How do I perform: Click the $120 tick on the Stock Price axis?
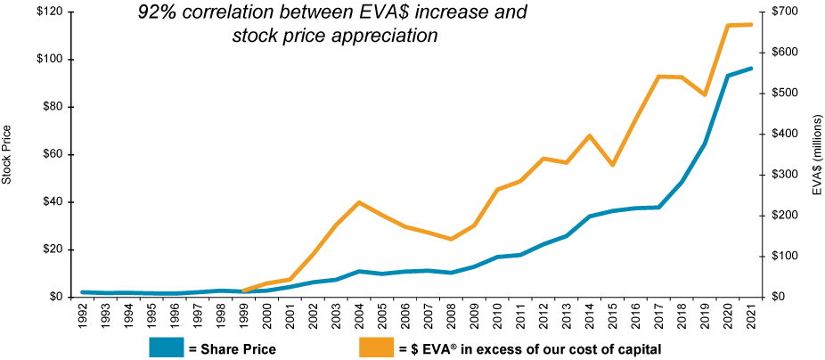pos(48,12)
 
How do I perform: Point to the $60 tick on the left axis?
pos(52,154)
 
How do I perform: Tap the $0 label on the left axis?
pos(55,297)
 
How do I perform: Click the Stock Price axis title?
pos(7,154)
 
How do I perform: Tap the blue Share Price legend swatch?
pos(167,348)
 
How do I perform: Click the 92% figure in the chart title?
pos(157,13)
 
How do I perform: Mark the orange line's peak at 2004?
pos(359,202)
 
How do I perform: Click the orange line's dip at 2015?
pos(612,165)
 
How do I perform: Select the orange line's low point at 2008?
pos(451,239)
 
